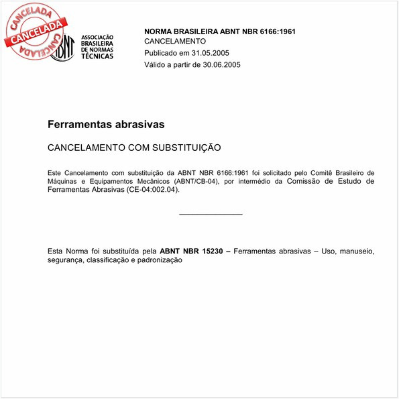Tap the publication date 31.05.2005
coord(211,53)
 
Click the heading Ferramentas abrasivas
coord(106,125)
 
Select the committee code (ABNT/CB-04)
coord(196,181)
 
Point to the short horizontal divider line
coord(211,214)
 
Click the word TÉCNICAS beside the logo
coord(97,56)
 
